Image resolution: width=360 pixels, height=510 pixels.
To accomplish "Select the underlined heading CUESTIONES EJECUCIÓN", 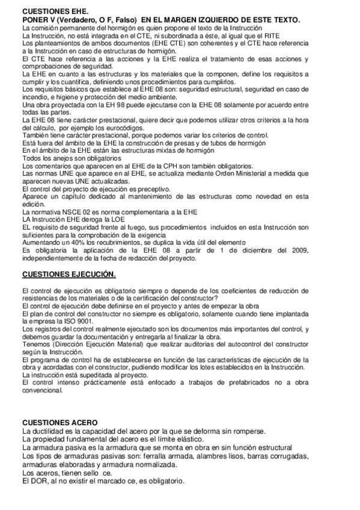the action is coord(69,274).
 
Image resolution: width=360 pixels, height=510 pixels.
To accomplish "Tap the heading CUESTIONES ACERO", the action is coord(59,423).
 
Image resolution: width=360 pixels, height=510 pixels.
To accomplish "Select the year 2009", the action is coord(297,250).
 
